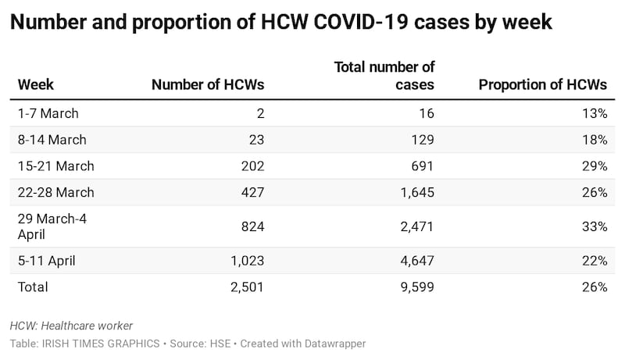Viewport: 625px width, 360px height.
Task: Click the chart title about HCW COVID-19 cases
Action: point(281,23)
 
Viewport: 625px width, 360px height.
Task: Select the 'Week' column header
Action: point(36,84)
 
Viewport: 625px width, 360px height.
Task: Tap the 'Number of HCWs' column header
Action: point(208,84)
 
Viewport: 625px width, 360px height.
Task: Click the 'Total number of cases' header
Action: point(384,76)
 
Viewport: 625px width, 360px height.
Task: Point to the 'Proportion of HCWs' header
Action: point(542,84)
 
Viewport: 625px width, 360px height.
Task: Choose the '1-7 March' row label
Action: point(48,113)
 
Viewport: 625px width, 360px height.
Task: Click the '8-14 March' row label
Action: point(52,140)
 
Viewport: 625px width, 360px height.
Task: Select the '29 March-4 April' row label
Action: point(52,226)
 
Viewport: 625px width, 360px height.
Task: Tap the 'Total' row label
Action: point(33,287)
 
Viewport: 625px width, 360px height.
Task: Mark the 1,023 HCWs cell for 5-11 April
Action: point(247,261)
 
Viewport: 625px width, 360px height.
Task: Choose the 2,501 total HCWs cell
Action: point(247,287)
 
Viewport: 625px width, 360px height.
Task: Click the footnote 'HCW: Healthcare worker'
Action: point(72,326)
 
